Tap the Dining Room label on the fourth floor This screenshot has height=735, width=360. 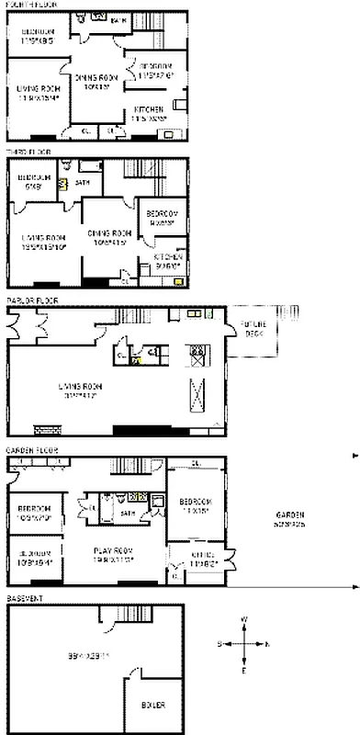click(x=96, y=80)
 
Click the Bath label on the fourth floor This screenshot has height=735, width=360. click(x=118, y=19)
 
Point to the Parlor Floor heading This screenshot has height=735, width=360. click(x=28, y=300)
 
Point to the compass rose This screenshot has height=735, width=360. click(x=244, y=644)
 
